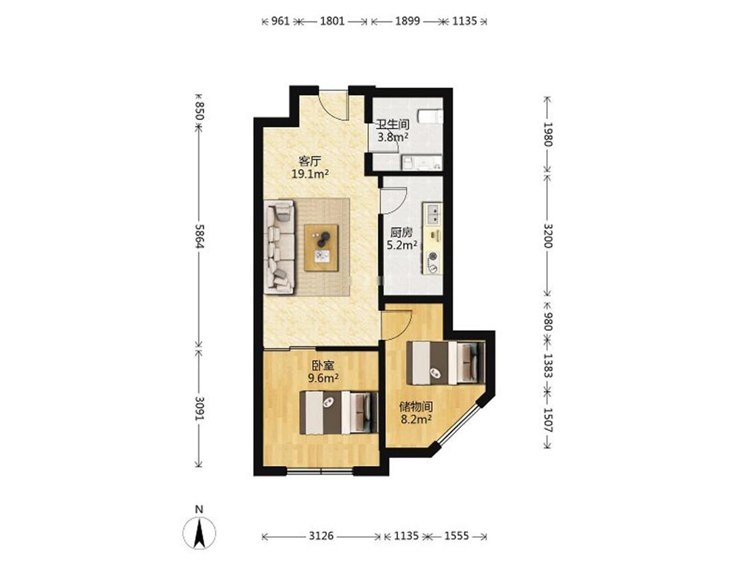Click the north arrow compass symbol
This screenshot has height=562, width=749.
199,532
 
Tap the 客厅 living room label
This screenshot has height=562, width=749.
310,161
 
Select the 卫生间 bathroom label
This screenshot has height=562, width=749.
393,125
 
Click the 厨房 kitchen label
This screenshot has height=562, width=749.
401,233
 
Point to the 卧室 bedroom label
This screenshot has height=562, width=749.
323,366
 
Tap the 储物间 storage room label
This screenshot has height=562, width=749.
416,407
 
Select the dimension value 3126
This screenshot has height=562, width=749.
321,536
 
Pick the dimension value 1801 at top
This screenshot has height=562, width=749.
332,21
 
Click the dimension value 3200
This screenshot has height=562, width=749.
547,236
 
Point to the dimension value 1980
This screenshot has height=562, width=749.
547,135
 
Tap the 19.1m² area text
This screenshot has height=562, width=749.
310,174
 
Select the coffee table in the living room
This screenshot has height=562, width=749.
322,248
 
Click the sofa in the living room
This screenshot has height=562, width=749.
280,246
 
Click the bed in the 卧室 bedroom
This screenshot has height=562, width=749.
339,412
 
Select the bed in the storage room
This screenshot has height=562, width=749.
445,363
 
